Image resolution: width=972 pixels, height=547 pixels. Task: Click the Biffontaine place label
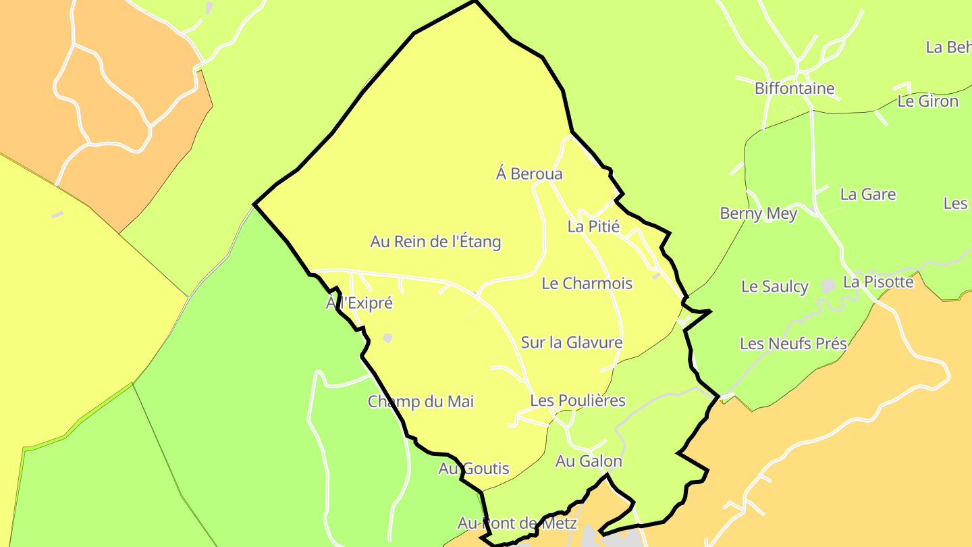pyautogui.click(x=794, y=88)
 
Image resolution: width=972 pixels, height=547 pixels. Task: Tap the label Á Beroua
pyautogui.click(x=529, y=174)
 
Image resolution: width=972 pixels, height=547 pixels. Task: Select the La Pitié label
pyautogui.click(x=593, y=226)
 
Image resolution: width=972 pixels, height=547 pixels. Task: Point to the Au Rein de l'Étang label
pyautogui.click(x=435, y=242)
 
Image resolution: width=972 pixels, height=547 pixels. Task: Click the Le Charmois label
pyautogui.click(x=587, y=284)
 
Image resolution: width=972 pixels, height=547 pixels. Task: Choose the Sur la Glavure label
pyautogui.click(x=571, y=342)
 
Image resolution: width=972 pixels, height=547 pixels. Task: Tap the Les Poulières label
pyautogui.click(x=577, y=400)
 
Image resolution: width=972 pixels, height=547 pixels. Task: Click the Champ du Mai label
pyautogui.click(x=421, y=402)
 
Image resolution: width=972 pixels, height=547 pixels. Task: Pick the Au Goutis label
pyautogui.click(x=473, y=469)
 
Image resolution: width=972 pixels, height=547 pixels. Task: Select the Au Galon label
pyautogui.click(x=588, y=461)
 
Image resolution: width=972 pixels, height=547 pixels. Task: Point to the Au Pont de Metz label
pyautogui.click(x=517, y=523)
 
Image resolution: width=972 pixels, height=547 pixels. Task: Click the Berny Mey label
pyautogui.click(x=758, y=213)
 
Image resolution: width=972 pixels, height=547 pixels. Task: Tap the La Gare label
pyautogui.click(x=867, y=194)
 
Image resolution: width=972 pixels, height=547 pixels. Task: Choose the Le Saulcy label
pyautogui.click(x=774, y=286)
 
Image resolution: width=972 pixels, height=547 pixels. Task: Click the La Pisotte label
pyautogui.click(x=878, y=282)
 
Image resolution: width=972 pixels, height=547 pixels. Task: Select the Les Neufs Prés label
pyautogui.click(x=793, y=344)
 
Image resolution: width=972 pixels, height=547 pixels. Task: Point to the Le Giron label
pyautogui.click(x=927, y=101)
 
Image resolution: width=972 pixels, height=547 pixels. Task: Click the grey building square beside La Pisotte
pyautogui.click(x=828, y=286)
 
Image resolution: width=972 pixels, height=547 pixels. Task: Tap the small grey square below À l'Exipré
pyautogui.click(x=387, y=338)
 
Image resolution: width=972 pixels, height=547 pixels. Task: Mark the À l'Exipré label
pyautogui.click(x=359, y=303)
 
